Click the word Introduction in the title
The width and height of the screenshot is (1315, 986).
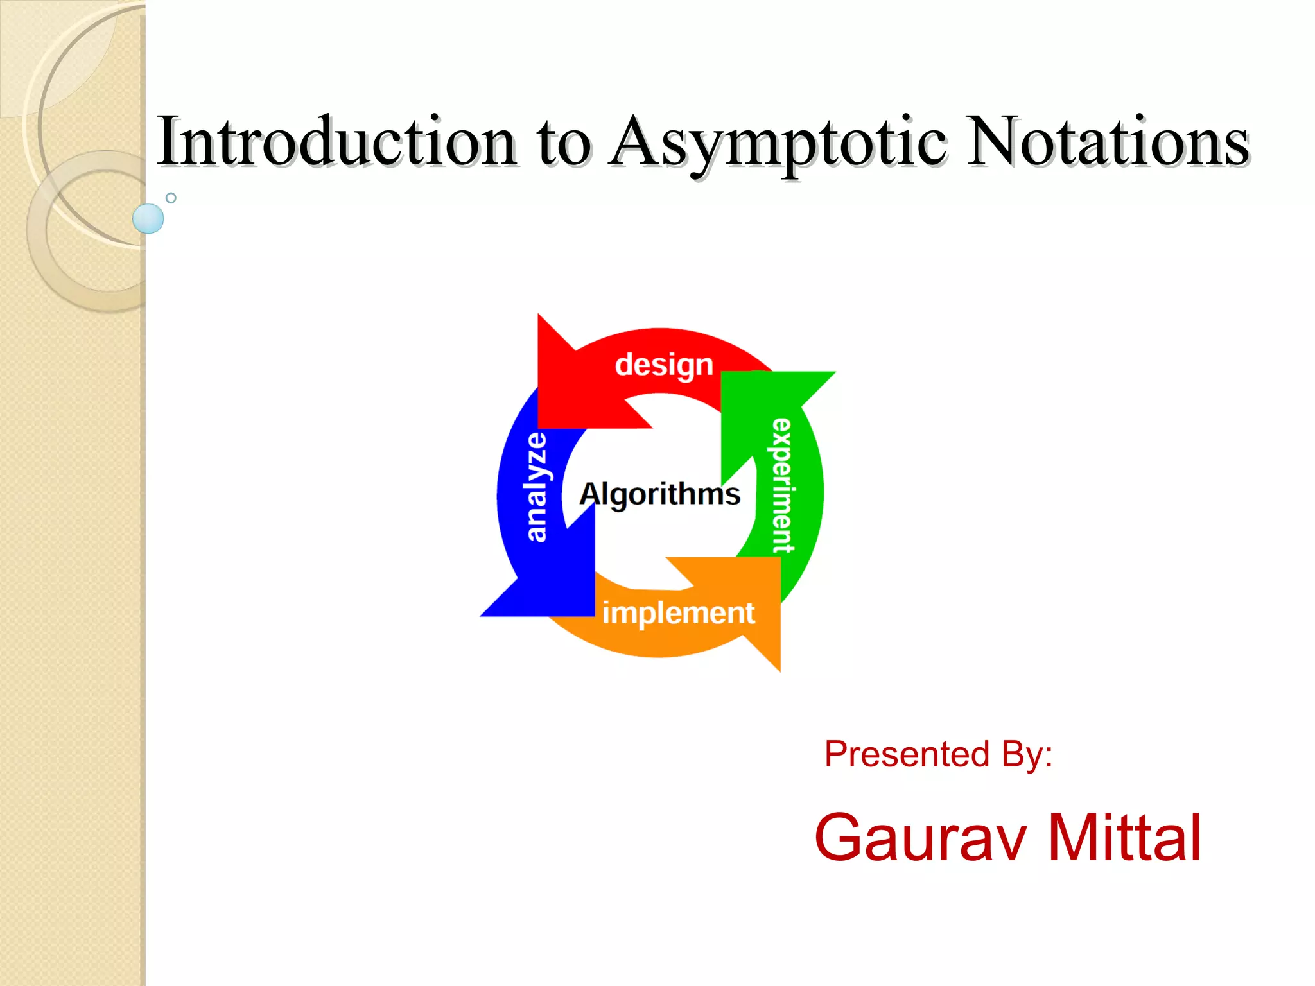click(337, 141)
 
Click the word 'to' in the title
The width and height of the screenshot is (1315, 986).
click(563, 144)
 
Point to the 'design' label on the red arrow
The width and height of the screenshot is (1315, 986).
click(664, 365)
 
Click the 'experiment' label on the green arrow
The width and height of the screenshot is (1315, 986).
click(782, 485)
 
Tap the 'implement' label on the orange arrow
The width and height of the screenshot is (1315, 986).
click(678, 613)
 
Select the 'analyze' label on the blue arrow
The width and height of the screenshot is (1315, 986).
click(537, 487)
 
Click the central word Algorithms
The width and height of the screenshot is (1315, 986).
click(659, 494)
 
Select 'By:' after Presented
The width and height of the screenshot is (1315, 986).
click(1027, 754)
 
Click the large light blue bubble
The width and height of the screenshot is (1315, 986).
click(148, 218)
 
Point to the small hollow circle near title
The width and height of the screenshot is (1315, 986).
click(171, 198)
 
